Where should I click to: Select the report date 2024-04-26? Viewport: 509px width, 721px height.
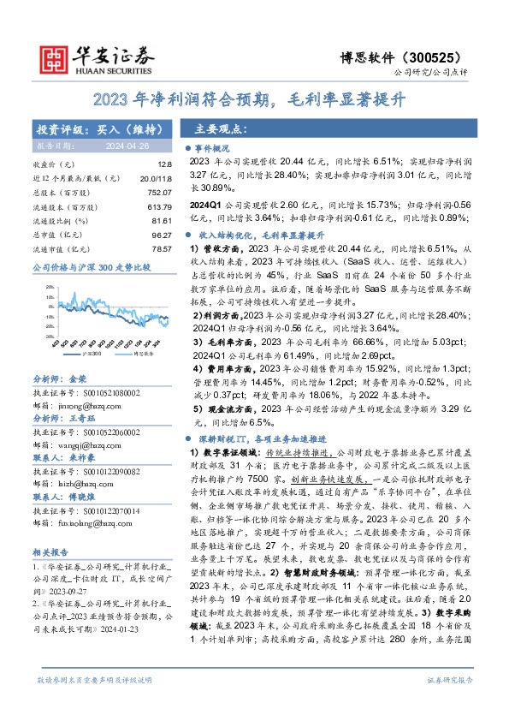tap(134, 147)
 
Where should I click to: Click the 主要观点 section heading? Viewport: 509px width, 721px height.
tap(221, 129)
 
